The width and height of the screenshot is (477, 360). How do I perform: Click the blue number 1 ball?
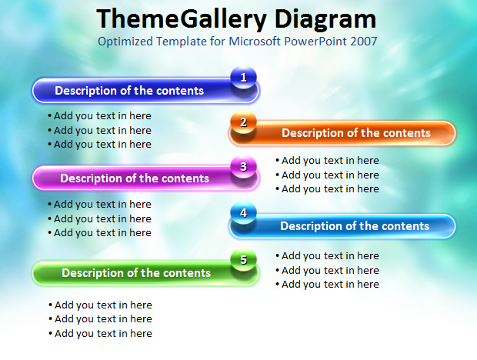(x=243, y=78)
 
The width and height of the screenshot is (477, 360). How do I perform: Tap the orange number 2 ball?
(x=243, y=122)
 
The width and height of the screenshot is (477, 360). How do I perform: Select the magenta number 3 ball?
(x=243, y=167)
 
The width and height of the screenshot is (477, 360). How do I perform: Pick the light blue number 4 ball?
(x=243, y=213)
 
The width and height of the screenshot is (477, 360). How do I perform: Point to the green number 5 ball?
(x=243, y=260)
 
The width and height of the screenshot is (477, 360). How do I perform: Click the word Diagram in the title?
(x=325, y=20)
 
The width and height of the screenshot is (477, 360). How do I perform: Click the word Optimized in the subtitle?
(x=125, y=42)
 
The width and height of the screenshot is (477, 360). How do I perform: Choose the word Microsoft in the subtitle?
(x=255, y=42)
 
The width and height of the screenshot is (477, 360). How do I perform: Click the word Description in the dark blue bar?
(x=85, y=91)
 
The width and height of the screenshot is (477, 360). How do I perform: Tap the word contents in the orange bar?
(x=406, y=133)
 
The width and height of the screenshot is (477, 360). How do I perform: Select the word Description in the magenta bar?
(x=91, y=178)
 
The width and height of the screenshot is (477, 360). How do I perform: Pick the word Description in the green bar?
(x=92, y=273)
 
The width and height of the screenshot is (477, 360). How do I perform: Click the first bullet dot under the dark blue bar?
(x=49, y=116)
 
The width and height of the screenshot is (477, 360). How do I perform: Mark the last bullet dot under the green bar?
(x=51, y=334)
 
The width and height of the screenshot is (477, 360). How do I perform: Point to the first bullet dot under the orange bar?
(x=278, y=160)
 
